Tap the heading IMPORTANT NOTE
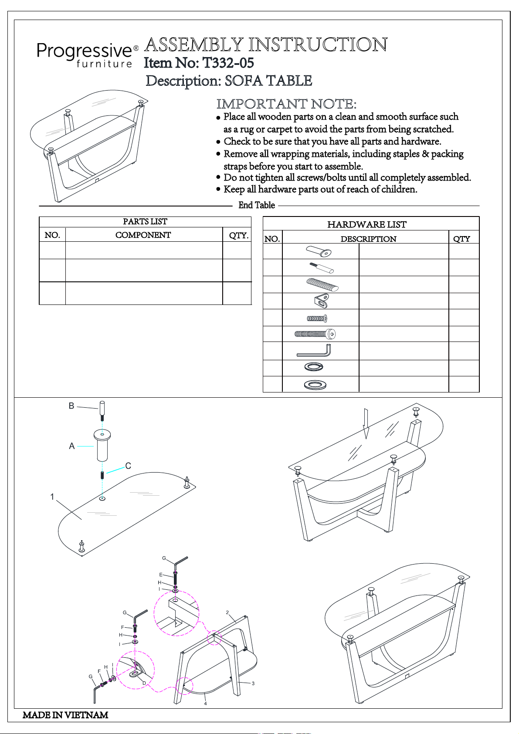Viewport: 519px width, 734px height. pos(286,104)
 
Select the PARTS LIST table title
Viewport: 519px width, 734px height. pos(145,222)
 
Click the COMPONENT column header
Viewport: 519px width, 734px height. pos(143,235)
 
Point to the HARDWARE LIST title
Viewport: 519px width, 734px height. pos(366,225)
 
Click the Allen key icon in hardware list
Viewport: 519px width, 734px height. pos(314,350)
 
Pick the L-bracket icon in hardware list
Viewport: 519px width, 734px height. pos(321,301)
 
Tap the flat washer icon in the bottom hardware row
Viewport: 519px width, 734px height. pos(315,385)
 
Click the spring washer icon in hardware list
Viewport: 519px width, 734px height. pos(314,367)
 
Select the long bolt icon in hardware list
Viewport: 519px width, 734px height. pos(315,334)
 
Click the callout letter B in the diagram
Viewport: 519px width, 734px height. pos(71,406)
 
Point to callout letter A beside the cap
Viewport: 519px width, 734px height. pos(72,446)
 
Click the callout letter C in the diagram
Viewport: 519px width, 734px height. pos(128,466)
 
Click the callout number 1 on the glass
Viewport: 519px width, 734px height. pos(52,497)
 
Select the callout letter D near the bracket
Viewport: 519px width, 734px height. pos(144,683)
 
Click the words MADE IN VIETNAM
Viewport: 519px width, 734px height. pos(65,715)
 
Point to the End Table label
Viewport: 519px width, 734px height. pos(257,206)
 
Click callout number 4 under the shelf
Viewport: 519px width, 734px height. pos(205,704)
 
